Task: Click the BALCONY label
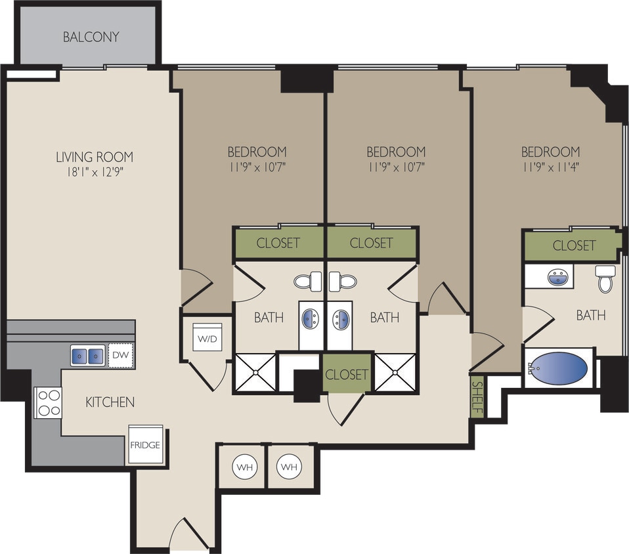point(91,37)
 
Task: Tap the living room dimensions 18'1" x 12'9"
point(95,173)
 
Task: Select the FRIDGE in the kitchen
point(145,445)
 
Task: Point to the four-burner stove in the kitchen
point(48,402)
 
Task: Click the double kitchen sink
point(87,356)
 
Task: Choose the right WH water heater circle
point(288,467)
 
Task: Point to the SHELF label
point(477,398)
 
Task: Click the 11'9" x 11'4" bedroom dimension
point(551,167)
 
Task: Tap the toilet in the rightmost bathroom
point(605,278)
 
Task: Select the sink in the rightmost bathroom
point(557,276)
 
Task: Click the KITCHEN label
point(110,402)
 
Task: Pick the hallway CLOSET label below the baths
point(346,374)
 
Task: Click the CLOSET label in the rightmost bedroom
point(574,245)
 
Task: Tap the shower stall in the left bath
point(255,373)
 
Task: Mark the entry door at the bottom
point(189,535)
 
